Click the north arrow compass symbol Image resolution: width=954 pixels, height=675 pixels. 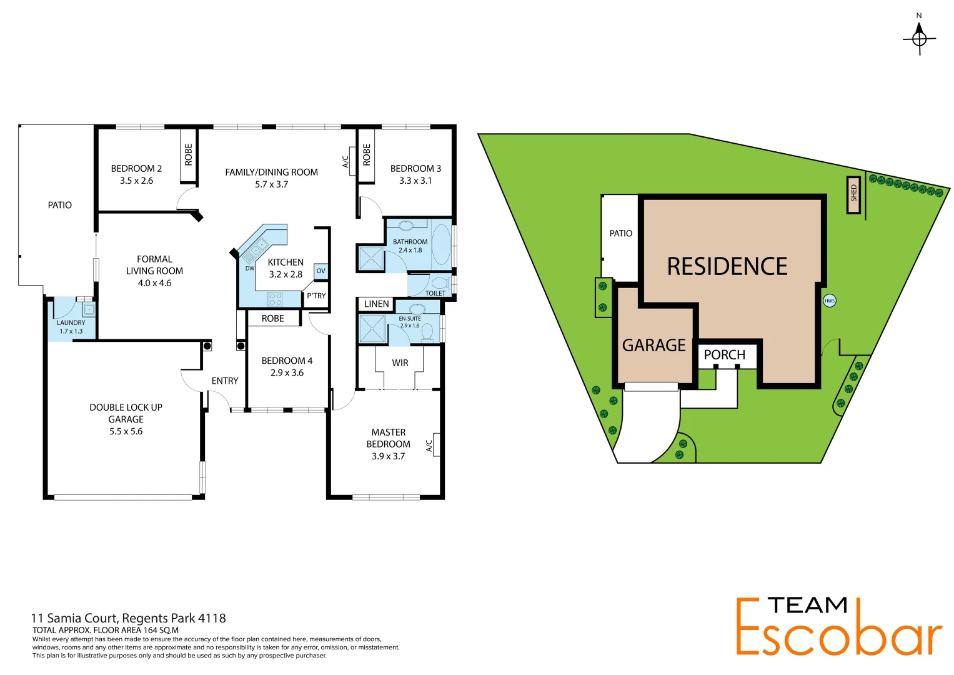click(x=919, y=38)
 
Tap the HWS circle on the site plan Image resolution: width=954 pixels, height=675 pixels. click(x=830, y=301)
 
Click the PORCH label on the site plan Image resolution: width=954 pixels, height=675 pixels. click(x=724, y=355)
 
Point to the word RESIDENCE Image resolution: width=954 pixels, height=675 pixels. click(x=727, y=267)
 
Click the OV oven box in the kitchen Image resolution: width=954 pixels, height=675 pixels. click(x=320, y=271)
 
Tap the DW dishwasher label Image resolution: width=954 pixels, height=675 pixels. click(x=250, y=269)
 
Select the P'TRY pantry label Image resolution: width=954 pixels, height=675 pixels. click(x=316, y=296)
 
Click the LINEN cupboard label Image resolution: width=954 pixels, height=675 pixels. click(x=376, y=304)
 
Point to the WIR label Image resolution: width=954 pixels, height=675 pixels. click(x=400, y=363)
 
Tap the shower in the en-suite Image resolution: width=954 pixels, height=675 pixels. click(x=372, y=329)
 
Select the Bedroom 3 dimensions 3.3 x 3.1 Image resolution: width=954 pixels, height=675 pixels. click(x=415, y=181)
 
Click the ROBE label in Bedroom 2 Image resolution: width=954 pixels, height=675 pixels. click(x=189, y=155)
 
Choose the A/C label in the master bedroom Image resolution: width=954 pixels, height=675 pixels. click(x=429, y=446)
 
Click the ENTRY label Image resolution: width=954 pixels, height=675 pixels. click(x=225, y=381)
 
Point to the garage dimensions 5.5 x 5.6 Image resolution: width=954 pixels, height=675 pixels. click(x=126, y=431)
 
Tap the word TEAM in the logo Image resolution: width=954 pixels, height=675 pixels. click(x=807, y=606)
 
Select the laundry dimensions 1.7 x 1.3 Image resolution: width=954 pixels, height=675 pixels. click(x=71, y=331)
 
